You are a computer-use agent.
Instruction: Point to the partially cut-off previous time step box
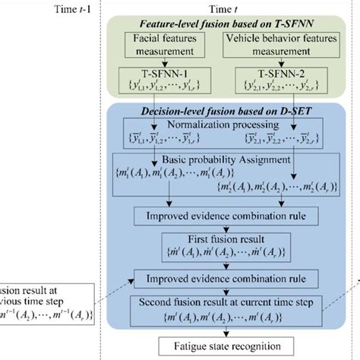[46, 299]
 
